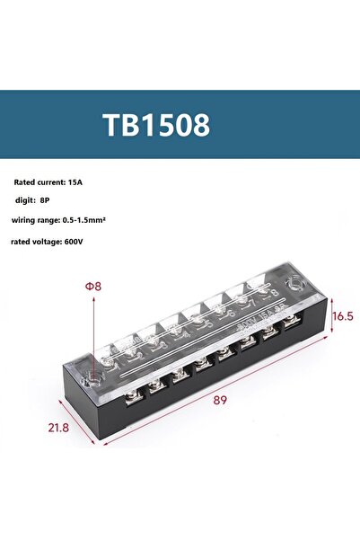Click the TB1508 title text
click(x=156, y=125)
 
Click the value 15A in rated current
click(x=94, y=181)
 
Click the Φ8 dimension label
click(x=93, y=287)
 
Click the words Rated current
click(x=40, y=181)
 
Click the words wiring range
click(x=36, y=220)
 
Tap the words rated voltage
click(x=36, y=241)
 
